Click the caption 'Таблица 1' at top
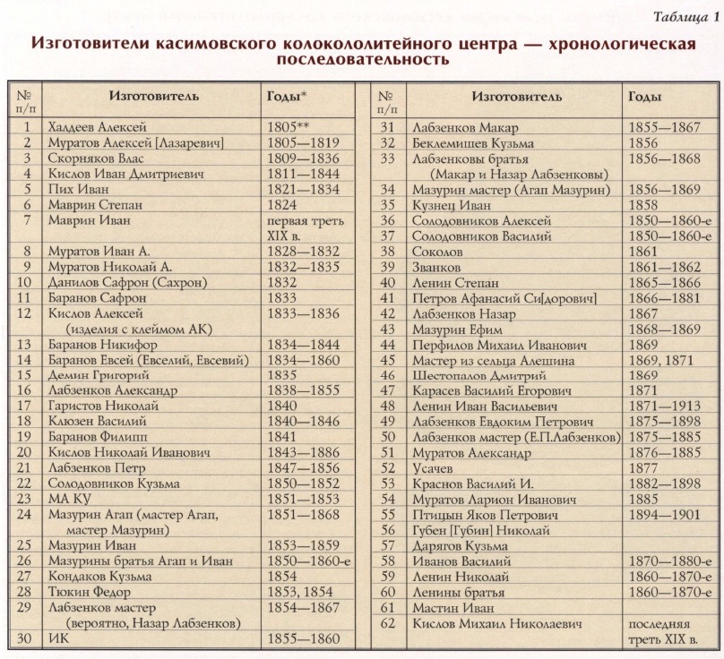point(685,18)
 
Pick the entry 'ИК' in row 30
point(60,638)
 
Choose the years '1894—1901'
point(664,515)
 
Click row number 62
point(386,623)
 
